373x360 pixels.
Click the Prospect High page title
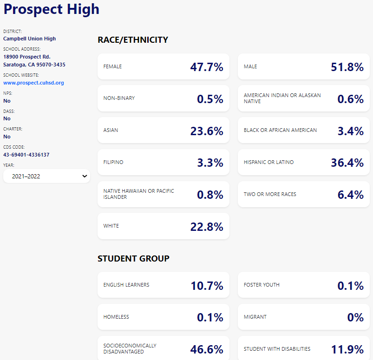52,9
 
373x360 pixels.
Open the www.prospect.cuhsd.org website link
33,83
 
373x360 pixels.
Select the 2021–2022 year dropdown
46,176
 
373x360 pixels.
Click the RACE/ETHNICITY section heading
133,40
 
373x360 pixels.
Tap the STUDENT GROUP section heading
133,258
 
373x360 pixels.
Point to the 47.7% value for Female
207,67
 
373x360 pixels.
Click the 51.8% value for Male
347,67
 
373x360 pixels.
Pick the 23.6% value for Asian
207,131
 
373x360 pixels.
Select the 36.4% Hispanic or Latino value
347,163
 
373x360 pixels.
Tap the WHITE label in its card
111,226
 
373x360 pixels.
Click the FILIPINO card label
113,162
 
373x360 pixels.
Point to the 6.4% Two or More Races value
350,195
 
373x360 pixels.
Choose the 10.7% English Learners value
207,285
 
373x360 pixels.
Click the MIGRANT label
255,317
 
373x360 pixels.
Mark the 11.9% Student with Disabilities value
347,349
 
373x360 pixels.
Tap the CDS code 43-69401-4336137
26,155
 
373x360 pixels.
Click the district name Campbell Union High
29,39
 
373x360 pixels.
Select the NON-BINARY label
119,98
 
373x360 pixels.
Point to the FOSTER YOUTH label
262,285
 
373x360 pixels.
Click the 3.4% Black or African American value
350,131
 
